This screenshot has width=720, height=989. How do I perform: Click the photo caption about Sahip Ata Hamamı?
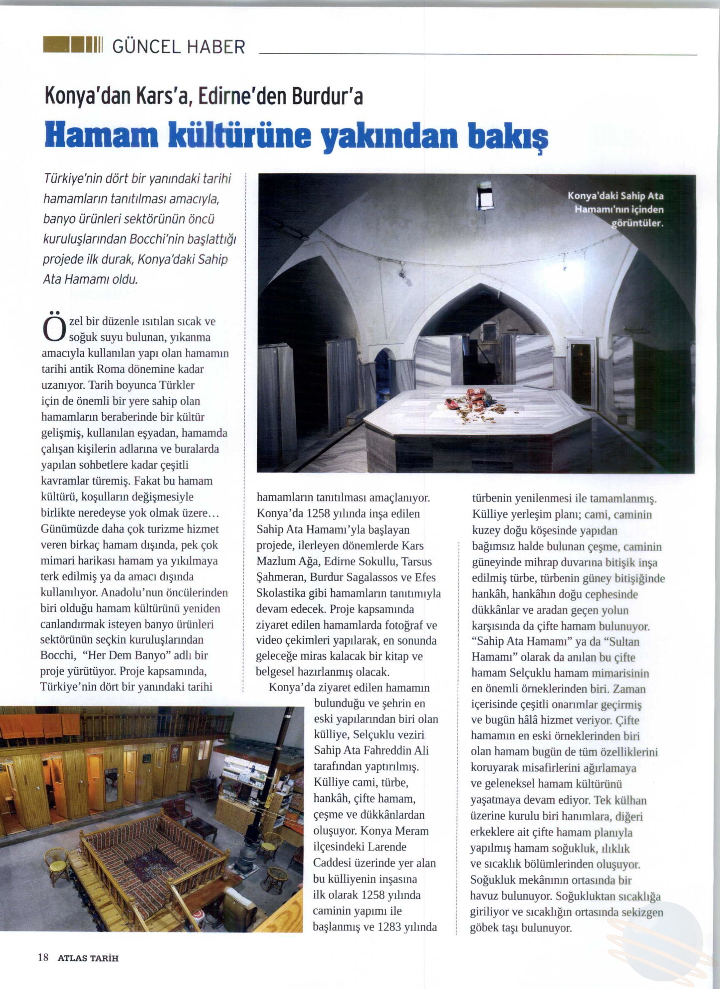[x=616, y=209]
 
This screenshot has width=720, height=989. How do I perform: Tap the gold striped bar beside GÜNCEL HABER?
[x=72, y=45]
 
